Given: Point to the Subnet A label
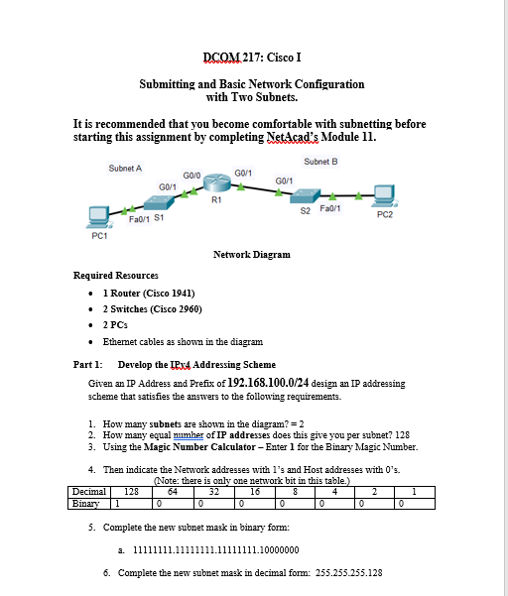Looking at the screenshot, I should (x=125, y=169).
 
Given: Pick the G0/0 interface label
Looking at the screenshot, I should (x=191, y=175).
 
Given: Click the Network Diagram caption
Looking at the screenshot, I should (x=252, y=255).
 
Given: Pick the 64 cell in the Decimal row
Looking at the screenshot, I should (x=173, y=489).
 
